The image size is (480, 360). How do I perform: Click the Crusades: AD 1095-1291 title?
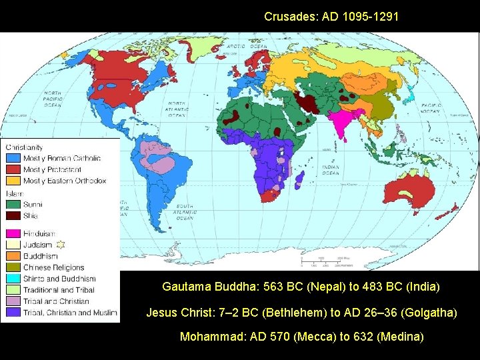coord(331,16)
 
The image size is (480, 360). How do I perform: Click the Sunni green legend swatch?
coord(13,204)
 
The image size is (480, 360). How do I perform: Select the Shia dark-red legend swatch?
coord(13,215)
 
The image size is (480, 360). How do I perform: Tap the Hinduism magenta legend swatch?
coord(13,234)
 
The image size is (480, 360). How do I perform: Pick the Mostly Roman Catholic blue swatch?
coord(13,159)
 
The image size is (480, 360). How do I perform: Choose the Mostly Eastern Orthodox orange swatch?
coord(13,181)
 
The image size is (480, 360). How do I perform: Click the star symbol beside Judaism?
coord(61,244)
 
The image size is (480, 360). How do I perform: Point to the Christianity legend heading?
coord(25,147)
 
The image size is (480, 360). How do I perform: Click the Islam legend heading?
coord(14,193)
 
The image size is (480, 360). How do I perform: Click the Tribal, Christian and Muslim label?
coord(70,312)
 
